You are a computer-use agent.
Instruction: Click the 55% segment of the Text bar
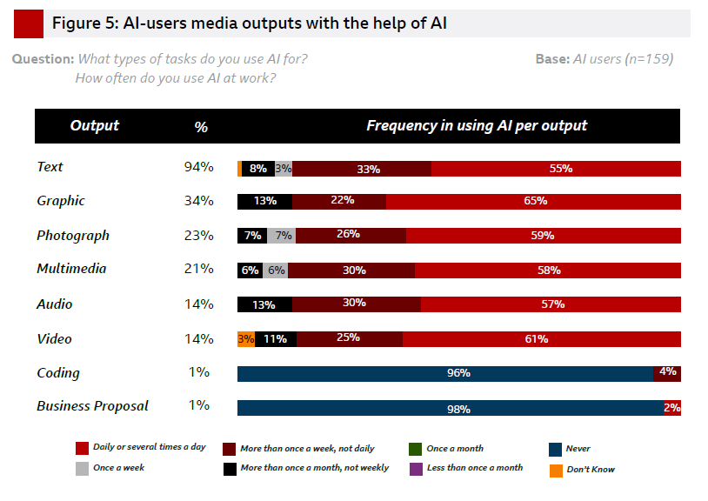point(556,169)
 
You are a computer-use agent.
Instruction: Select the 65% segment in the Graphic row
point(533,202)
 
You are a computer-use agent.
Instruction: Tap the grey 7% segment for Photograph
point(284,236)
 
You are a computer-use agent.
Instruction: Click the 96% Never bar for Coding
point(445,373)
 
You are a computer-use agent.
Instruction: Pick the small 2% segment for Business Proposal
point(672,408)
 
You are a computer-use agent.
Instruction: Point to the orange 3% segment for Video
point(246,339)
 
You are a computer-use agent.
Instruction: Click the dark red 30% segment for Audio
point(356,304)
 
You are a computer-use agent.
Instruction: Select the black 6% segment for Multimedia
point(250,271)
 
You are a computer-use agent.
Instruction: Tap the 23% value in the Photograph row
point(200,236)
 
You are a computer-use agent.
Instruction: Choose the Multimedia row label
point(71,269)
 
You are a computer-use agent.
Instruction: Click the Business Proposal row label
point(92,406)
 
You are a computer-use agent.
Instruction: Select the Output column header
point(94,126)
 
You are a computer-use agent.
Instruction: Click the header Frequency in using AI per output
point(476,126)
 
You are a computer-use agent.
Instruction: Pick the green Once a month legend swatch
point(415,450)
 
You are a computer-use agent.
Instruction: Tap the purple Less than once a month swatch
point(415,469)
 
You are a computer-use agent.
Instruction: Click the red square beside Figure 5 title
point(29,23)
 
